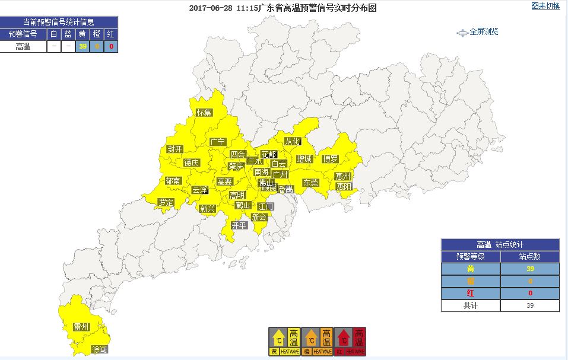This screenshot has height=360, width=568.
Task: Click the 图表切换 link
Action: pyautogui.click(x=545, y=6)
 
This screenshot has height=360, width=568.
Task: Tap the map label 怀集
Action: pyautogui.click(x=204, y=112)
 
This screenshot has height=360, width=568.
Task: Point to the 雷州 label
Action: pyautogui.click(x=81, y=327)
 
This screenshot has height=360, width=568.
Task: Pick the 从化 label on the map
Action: pyautogui.click(x=293, y=141)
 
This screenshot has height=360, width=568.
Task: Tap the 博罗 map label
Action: pyautogui.click(x=330, y=159)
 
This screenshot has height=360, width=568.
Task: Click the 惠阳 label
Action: pyautogui.click(x=344, y=186)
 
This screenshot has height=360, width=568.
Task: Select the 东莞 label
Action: pyautogui.click(x=310, y=183)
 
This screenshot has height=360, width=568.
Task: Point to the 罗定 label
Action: pyautogui.click(x=166, y=202)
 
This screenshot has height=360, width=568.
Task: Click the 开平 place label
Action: pyautogui.click(x=239, y=225)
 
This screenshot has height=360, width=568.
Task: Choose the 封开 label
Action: pyautogui.click(x=174, y=149)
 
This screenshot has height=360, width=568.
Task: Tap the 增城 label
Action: pyautogui.click(x=304, y=159)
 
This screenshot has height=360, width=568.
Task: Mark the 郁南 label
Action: pyautogui.click(x=173, y=181)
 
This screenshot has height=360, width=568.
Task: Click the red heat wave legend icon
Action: pyautogui.click(x=350, y=342)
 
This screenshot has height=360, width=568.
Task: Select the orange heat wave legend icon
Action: pyautogui.click(x=317, y=342)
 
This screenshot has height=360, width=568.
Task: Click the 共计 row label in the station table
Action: pyautogui.click(x=470, y=305)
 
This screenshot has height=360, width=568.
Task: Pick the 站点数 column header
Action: pyautogui.click(x=529, y=257)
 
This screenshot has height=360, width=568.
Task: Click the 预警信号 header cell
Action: pyautogui.click(x=23, y=34)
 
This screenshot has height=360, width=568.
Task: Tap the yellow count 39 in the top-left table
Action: pyautogui.click(x=83, y=46)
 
